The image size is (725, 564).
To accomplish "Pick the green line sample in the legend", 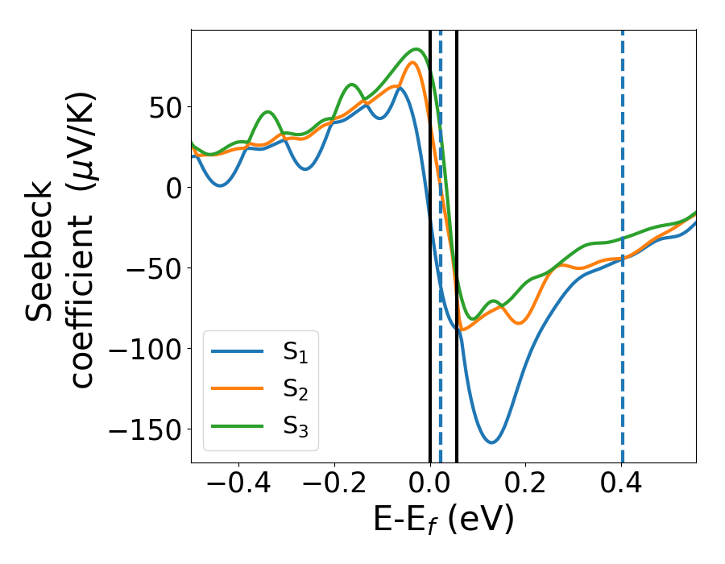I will (238, 425).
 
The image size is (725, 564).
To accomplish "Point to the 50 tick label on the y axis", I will (165, 107).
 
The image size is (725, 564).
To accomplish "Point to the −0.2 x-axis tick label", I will (334, 486).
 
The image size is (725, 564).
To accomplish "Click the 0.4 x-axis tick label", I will (622, 486).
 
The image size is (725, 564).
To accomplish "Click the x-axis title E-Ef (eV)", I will (443, 522).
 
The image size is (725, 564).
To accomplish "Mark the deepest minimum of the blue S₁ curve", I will (491, 442).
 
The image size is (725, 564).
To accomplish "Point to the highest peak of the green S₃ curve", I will (416, 49).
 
